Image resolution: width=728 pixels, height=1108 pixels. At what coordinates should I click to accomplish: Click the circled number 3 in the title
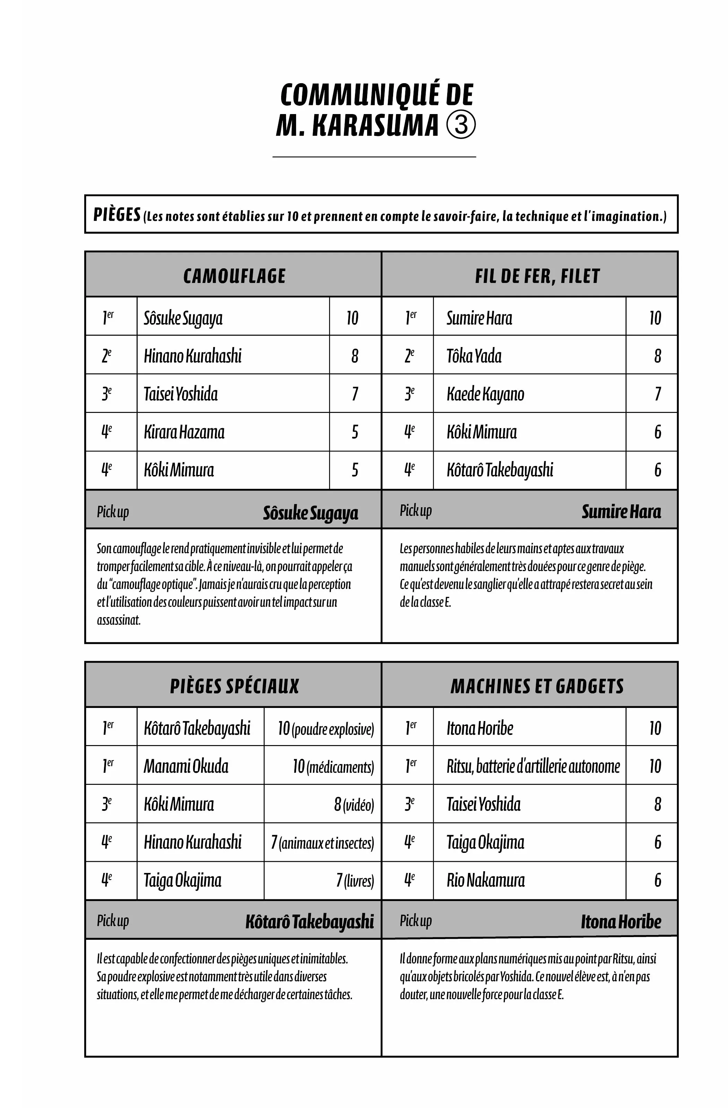pyautogui.click(x=461, y=124)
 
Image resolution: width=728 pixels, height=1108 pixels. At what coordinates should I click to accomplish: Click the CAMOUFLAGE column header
pyautogui.click(x=234, y=276)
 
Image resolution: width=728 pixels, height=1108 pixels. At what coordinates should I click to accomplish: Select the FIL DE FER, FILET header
pyautogui.click(x=537, y=276)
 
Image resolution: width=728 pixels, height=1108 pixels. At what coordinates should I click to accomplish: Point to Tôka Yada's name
pyautogui.click(x=474, y=356)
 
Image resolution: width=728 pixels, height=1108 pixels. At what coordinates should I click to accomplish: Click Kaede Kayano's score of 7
pyautogui.click(x=657, y=394)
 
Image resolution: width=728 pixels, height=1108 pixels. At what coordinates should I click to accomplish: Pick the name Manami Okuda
pyautogui.click(x=186, y=766)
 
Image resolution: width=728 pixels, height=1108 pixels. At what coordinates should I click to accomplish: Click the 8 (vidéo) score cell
pyautogui.click(x=354, y=804)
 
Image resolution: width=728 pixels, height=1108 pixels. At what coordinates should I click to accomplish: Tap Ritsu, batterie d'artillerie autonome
pyautogui.click(x=533, y=766)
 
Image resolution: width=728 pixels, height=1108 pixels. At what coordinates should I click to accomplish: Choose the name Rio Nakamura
pyautogui.click(x=485, y=880)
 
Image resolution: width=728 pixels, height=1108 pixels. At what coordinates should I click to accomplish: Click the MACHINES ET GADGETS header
pyautogui.click(x=537, y=686)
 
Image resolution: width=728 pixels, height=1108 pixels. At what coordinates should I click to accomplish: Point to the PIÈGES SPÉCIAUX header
pyautogui.click(x=234, y=686)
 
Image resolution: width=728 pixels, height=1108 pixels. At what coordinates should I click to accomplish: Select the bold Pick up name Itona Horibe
pyautogui.click(x=621, y=921)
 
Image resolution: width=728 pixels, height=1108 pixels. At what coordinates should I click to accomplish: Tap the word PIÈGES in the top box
pyautogui.click(x=117, y=215)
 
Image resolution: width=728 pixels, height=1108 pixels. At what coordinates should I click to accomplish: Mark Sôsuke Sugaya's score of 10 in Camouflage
pyautogui.click(x=352, y=318)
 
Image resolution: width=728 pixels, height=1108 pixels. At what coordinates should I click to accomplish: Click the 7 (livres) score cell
pyautogui.click(x=355, y=880)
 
